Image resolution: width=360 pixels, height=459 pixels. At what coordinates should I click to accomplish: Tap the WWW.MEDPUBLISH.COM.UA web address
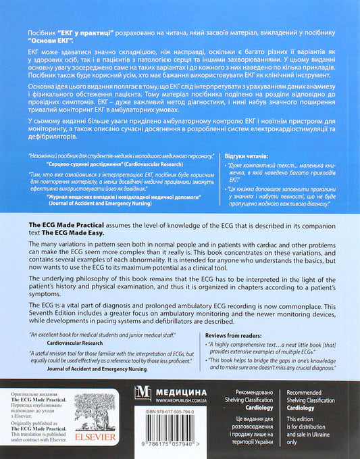pyautogui.click(x=194, y=399)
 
